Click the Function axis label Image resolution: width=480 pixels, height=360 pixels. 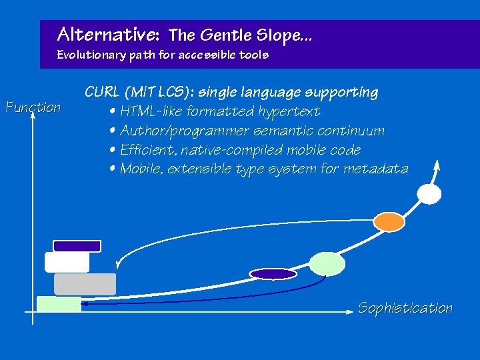(33, 107)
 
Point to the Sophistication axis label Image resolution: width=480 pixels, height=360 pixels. (405, 308)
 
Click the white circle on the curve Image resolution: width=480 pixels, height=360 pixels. (429, 193)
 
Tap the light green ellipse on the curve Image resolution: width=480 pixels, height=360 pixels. (327, 264)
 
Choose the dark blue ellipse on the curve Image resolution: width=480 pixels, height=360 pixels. (273, 273)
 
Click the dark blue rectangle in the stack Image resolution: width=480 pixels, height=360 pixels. (77, 246)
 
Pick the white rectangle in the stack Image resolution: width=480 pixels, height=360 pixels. (67, 262)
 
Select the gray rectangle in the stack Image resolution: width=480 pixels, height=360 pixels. (85, 284)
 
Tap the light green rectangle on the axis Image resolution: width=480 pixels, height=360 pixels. (59, 304)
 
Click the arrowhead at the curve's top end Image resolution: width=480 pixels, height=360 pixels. (437, 165)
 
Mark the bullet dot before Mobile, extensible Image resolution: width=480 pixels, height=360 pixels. (113, 169)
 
